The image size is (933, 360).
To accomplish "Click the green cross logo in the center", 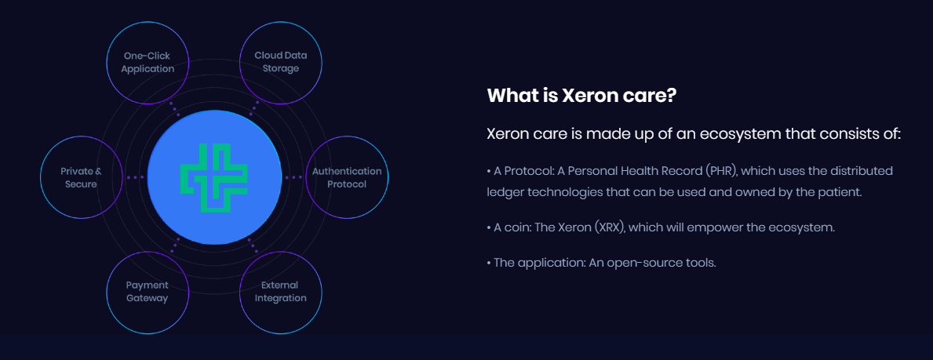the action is tap(213, 177).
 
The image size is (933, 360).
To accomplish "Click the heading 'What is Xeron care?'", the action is tap(581, 96).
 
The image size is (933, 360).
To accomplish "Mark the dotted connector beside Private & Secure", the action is tap(135, 177).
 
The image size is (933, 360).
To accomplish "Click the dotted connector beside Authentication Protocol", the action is tap(293, 177).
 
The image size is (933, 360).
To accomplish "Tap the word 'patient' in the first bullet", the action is tap(840, 194).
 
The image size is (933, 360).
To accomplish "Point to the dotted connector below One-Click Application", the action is tap(174, 109).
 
